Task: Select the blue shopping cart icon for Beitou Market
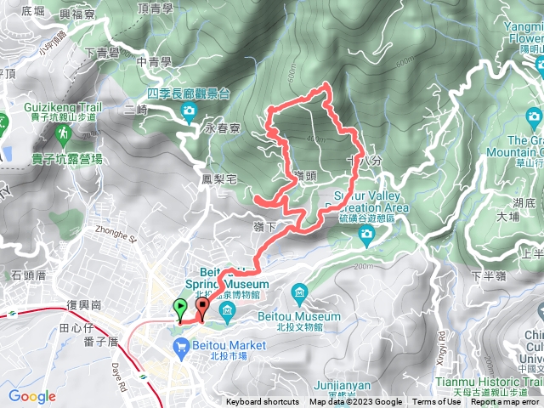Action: coord(179,346)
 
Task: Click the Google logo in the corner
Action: coord(31,396)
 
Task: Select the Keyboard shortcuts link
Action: coord(263,402)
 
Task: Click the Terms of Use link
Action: coord(436,402)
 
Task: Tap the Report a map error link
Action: coord(505,402)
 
